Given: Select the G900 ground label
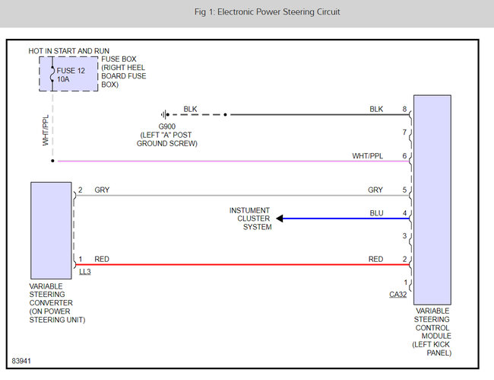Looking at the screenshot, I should pyautogui.click(x=167, y=126).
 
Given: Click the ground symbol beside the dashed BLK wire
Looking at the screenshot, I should pyautogui.click(x=163, y=115).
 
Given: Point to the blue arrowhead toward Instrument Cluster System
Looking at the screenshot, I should pyautogui.click(x=280, y=219).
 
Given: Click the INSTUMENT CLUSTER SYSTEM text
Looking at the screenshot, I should pyautogui.click(x=251, y=218).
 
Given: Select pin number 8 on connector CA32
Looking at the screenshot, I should pyautogui.click(x=404, y=109).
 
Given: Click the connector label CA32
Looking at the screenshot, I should pyautogui.click(x=397, y=293).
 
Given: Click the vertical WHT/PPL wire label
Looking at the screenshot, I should pyautogui.click(x=46, y=131).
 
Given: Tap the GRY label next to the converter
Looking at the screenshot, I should pyautogui.click(x=102, y=190).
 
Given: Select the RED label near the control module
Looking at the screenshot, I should pyautogui.click(x=375, y=259).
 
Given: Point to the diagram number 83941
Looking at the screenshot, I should pyautogui.click(x=22, y=360).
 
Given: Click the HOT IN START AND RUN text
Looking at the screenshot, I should pyautogui.click(x=64, y=50).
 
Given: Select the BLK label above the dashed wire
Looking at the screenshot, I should pyautogui.click(x=190, y=109).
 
